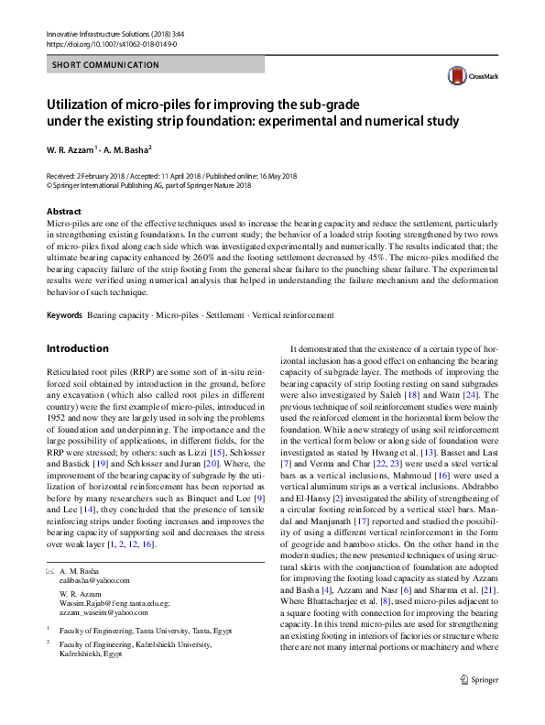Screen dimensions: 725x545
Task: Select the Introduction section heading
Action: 77,348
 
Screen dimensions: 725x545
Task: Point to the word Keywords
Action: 64,315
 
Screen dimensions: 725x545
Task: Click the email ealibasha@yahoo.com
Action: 95,580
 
